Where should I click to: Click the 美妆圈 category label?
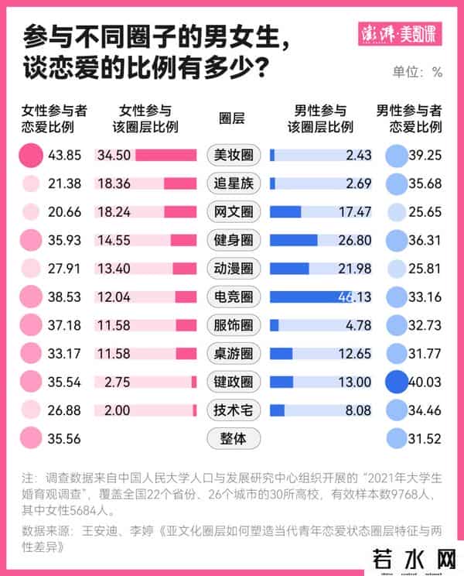tap(234, 155)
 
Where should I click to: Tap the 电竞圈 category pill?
tap(234, 296)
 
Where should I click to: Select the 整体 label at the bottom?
tap(234, 438)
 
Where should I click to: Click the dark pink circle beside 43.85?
tap(31, 155)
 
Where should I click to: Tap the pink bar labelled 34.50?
tap(165, 155)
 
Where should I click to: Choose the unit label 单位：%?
tap(418, 72)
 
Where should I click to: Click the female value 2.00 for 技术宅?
tap(107, 410)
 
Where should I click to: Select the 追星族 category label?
tap(234, 183)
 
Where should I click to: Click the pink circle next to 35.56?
tap(31, 438)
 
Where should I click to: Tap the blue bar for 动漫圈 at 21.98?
tap(289, 268)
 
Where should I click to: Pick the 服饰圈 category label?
tap(234, 324)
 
